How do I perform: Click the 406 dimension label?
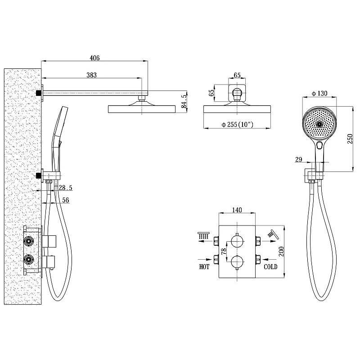[94, 58]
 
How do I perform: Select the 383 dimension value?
[91, 75]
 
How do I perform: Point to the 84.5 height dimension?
[184, 102]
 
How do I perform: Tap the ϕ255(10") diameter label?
[237, 125]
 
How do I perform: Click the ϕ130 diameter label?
[319, 94]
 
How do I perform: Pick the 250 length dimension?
[350, 139]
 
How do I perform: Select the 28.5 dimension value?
[65, 188]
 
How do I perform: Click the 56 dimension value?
[66, 200]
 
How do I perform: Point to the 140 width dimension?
[237, 210]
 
